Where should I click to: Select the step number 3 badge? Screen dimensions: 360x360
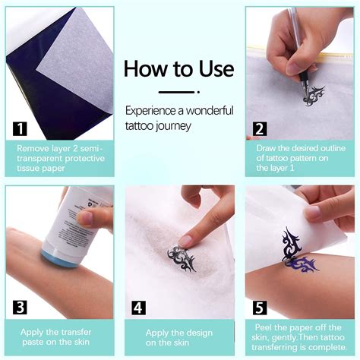click(x=20, y=307)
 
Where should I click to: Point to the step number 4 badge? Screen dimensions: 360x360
click(x=139, y=307)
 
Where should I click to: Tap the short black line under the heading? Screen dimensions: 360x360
click(x=179, y=91)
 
